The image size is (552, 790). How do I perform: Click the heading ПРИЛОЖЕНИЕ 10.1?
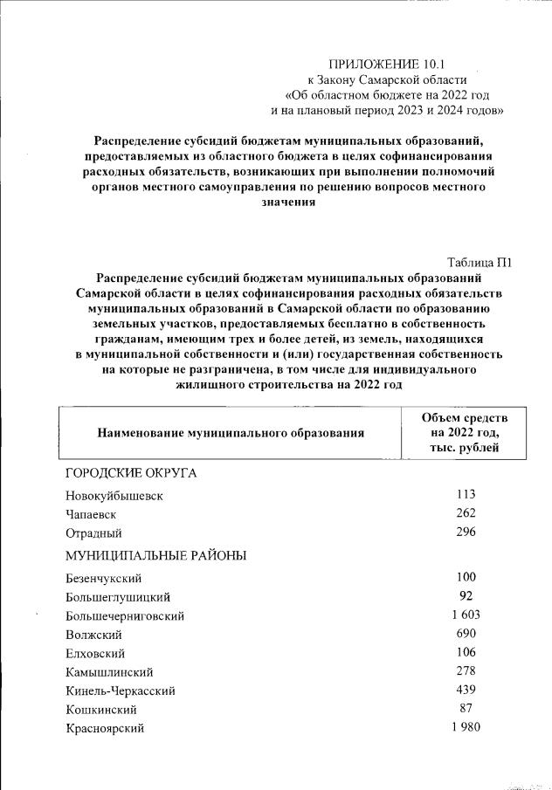point(392,64)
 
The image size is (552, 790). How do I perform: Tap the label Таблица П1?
point(479,263)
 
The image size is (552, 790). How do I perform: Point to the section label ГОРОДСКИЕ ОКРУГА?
point(131,472)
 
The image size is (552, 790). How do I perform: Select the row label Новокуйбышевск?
point(114,496)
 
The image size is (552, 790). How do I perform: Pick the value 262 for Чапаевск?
point(465,513)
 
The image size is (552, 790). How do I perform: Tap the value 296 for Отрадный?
point(465,532)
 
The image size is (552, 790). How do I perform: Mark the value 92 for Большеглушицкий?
point(465,596)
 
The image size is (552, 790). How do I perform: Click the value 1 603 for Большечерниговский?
point(465,615)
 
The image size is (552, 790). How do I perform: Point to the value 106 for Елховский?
point(465,652)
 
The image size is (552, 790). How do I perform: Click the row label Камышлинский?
point(110,672)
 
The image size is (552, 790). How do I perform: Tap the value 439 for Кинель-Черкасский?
point(465,690)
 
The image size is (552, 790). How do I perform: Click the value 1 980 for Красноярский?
point(465,727)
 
